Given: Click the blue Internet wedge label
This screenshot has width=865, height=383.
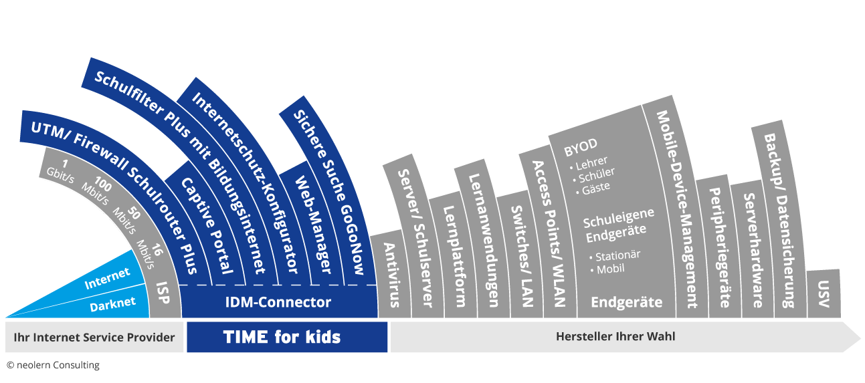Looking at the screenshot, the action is coord(107,278).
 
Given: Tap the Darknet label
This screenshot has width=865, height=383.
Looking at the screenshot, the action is coord(112,304).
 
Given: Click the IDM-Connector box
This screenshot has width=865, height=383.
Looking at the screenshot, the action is coord(278,302).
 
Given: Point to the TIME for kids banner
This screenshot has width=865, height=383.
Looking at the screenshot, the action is coord(287,337).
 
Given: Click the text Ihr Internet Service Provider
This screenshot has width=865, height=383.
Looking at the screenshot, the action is coord(94,338).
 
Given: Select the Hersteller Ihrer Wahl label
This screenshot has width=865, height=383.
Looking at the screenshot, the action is coord(615,336).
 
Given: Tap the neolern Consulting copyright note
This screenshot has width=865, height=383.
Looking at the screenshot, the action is coord(53,365).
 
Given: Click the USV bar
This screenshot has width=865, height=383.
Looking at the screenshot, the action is coord(824,294).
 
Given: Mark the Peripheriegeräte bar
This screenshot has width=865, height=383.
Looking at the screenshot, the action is coord(720,247).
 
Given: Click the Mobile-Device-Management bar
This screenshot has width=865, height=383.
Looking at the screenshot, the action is coord(678,209).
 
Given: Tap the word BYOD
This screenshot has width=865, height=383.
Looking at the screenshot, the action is coord(581,147).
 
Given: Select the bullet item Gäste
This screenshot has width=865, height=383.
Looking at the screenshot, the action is coord(593,188).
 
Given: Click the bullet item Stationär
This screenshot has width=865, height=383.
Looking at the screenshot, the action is coord(615,256).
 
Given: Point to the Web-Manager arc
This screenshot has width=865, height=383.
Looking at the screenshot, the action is coord(312,225).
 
